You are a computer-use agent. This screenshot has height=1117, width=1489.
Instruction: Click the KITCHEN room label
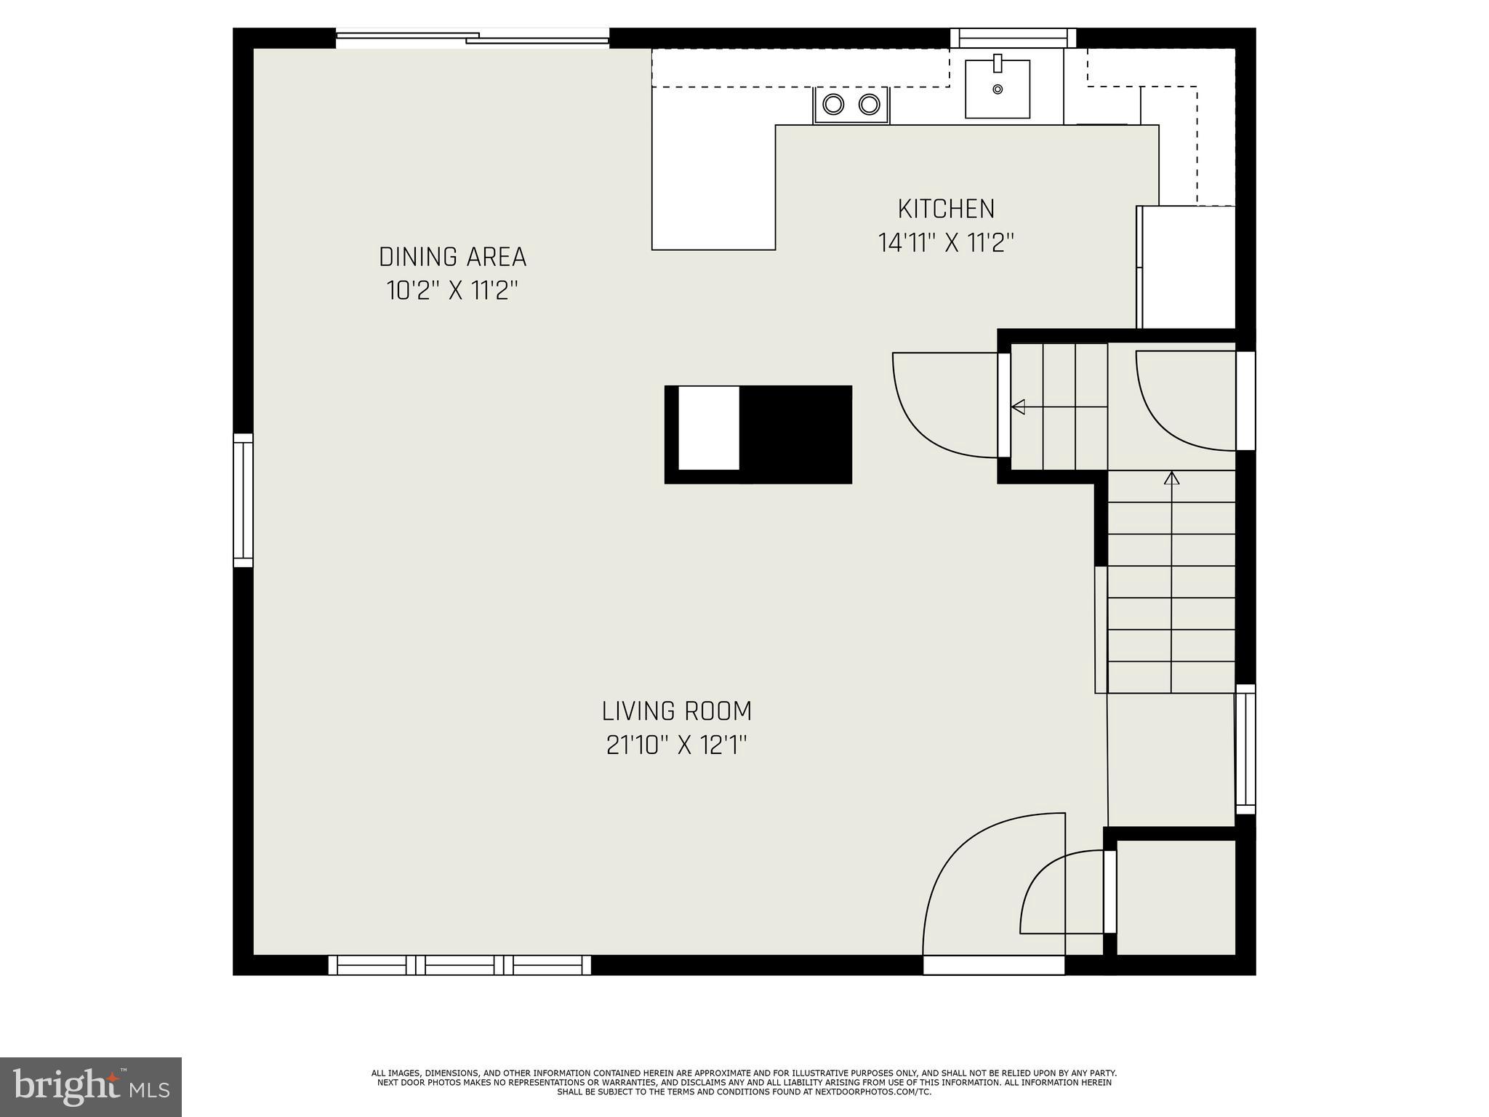[946, 209]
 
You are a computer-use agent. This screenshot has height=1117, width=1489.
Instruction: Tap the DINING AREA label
[452, 257]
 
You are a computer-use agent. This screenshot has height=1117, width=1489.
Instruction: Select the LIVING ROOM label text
[676, 710]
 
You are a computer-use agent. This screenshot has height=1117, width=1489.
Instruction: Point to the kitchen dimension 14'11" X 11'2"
[946, 243]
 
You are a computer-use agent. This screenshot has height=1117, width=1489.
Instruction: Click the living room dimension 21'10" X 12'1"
[676, 745]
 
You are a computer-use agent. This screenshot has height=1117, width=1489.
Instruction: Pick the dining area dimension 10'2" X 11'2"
[452, 291]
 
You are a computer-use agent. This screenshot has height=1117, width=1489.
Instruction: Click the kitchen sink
[997, 89]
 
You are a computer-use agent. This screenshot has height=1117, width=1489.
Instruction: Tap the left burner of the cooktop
[832, 105]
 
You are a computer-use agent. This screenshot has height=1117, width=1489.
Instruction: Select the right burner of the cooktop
[869, 105]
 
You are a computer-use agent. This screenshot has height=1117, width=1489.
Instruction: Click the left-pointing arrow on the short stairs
[1019, 407]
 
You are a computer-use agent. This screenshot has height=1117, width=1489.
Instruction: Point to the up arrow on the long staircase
[1171, 479]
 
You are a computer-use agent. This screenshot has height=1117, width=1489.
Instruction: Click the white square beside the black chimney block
[708, 428]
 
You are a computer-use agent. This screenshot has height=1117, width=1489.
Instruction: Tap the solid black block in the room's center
[795, 434]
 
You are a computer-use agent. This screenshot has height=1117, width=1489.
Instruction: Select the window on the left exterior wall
[243, 500]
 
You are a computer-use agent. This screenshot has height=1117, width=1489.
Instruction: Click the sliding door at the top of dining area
[473, 38]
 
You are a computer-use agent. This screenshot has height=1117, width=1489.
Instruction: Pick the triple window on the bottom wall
[459, 965]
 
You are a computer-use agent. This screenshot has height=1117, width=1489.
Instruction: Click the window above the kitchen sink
[1014, 38]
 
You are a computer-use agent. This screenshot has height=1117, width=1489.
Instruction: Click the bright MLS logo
[91, 1087]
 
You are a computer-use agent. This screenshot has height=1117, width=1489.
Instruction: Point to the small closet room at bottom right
[1175, 896]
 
